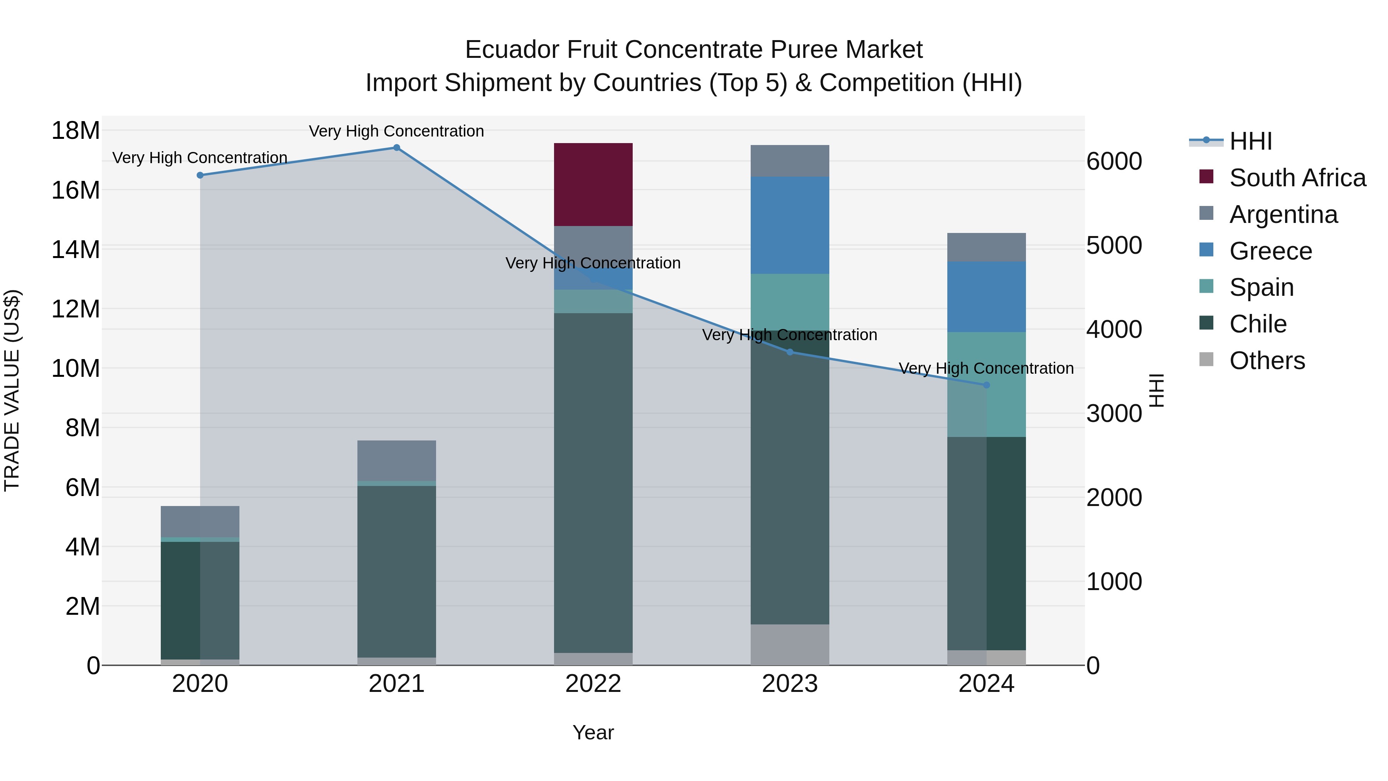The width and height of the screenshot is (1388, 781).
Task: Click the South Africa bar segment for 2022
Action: coord(593,184)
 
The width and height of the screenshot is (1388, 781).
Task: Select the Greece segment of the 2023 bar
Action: coord(790,225)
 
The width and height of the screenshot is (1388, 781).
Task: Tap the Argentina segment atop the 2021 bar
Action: coord(397,460)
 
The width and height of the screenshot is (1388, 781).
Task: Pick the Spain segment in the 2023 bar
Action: coord(790,302)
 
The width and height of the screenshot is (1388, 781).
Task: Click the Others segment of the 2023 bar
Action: coord(790,644)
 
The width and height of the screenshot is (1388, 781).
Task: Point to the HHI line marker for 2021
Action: coord(397,148)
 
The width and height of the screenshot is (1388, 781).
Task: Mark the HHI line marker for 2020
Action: coord(200,175)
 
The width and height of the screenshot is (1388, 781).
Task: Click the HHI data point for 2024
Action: coord(987,385)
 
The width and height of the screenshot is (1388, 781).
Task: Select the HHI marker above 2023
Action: coord(790,352)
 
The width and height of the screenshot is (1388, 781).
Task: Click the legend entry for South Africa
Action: coord(1297,178)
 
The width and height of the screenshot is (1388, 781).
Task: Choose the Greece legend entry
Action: coord(1270,251)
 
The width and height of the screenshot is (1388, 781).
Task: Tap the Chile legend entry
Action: coord(1258,324)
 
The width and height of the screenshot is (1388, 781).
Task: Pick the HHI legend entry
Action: coord(1250,141)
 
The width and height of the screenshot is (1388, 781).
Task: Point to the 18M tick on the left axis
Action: coord(76,130)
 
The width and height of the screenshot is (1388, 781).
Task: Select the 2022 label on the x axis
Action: coord(593,684)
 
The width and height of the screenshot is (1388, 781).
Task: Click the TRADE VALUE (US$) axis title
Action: coord(12,390)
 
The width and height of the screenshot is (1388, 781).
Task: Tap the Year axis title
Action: coord(593,732)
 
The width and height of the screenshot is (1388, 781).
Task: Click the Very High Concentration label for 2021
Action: coord(397,131)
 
